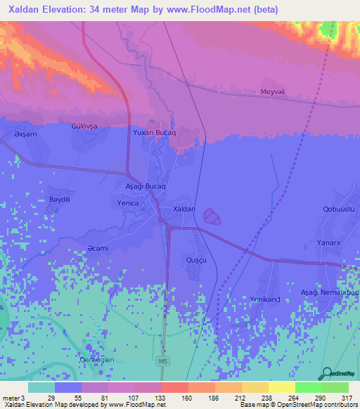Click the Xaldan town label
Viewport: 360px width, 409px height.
coord(184,209)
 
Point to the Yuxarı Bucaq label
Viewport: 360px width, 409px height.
coord(154,132)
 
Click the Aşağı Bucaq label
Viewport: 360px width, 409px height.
coord(144,186)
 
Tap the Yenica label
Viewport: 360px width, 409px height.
coord(129,202)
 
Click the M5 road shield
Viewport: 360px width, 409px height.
coord(162,361)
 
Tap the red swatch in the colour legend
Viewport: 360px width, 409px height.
coord(174,387)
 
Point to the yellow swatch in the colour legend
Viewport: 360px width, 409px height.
coord(281,387)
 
